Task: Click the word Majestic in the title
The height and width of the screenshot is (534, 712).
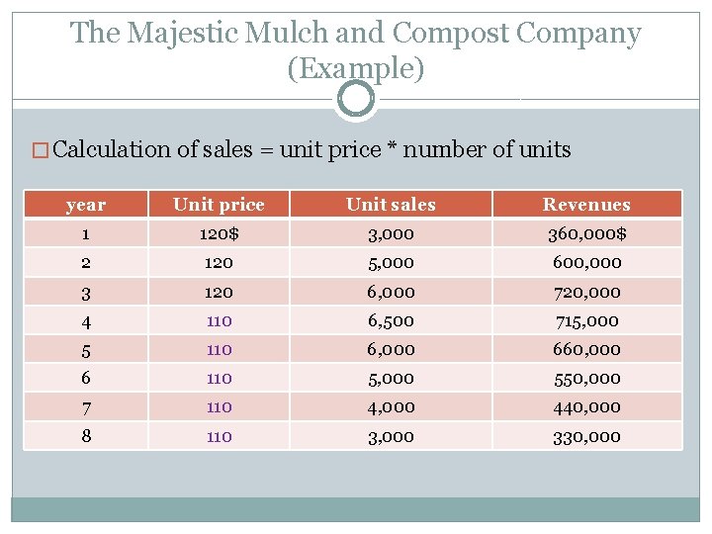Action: click(x=186, y=34)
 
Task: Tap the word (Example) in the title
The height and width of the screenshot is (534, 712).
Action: click(x=356, y=68)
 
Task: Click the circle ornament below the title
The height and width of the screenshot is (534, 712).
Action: click(x=356, y=99)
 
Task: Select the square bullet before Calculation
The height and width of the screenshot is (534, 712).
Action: click(x=41, y=151)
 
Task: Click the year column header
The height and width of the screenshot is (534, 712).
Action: click(x=85, y=205)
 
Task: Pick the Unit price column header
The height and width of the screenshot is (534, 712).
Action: click(x=219, y=205)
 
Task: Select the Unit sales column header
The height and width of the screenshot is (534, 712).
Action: click(x=391, y=205)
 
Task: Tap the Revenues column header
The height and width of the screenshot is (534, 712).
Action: click(x=586, y=205)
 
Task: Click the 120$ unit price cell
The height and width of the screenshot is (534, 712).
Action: click(x=219, y=234)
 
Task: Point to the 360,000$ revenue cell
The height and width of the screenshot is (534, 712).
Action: click(x=586, y=234)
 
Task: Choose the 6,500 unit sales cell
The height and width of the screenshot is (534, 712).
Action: click(x=391, y=320)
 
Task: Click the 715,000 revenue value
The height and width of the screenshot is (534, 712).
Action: click(x=586, y=320)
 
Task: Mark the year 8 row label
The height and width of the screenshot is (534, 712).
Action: click(x=85, y=435)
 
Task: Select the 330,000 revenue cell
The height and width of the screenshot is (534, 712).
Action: click(x=586, y=436)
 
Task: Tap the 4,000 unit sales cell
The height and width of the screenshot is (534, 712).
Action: click(x=391, y=406)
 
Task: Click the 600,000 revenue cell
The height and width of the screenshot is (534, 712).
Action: click(x=586, y=263)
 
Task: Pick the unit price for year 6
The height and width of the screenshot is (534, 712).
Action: click(x=219, y=378)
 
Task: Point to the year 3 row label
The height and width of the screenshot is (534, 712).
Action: click(x=85, y=292)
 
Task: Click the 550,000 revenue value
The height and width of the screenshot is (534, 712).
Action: click(x=586, y=378)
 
